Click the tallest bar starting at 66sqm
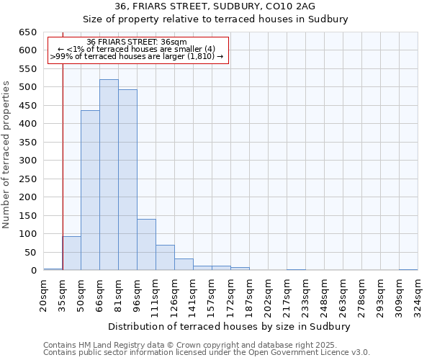109,175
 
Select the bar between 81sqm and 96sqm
127,180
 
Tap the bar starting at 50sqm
90,191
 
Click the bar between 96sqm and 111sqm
146,245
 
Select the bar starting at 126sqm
184,264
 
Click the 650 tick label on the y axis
27,32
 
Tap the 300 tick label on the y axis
27,161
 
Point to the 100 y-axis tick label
27,234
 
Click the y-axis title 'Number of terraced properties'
7,155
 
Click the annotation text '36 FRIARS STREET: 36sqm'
137,42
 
